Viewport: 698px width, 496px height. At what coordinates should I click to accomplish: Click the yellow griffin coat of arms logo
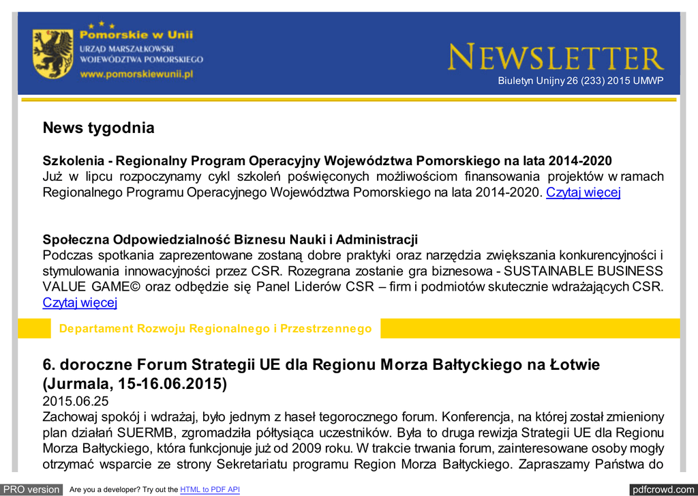52,53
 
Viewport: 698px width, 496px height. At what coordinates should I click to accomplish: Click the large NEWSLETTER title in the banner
556,58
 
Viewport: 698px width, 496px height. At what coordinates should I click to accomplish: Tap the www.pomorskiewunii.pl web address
137,74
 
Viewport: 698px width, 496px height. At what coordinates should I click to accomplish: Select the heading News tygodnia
99,128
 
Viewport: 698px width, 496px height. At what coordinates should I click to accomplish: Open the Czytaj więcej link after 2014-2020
583,192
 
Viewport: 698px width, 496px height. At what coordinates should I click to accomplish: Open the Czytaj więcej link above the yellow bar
80,302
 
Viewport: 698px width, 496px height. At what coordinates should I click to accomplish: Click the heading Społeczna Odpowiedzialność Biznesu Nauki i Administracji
230,239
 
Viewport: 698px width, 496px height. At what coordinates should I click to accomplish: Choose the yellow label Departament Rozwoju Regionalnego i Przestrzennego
215,329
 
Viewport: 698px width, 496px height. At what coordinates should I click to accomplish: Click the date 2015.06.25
76,401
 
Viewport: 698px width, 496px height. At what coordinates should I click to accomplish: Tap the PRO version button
32,489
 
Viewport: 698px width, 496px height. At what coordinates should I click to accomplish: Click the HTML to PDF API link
209,490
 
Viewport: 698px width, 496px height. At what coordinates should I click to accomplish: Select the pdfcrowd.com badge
663,489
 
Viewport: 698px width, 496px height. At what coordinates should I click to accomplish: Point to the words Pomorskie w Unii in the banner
136,34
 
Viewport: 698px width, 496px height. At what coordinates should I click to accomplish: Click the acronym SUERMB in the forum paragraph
144,433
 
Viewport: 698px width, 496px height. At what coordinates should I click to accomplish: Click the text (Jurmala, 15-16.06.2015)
135,383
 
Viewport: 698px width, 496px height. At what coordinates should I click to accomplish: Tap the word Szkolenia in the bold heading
72,161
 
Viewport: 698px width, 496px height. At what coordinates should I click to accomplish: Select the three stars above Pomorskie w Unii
101,25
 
